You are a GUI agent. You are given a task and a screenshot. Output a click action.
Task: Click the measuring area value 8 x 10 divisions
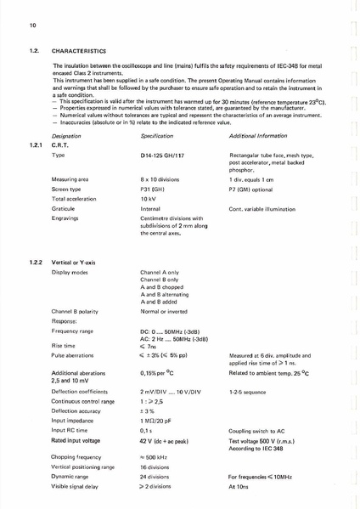click(163, 180)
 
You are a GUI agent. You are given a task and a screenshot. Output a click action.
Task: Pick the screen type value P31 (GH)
click(154, 189)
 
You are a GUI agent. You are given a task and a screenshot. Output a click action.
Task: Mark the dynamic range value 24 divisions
click(157, 477)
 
